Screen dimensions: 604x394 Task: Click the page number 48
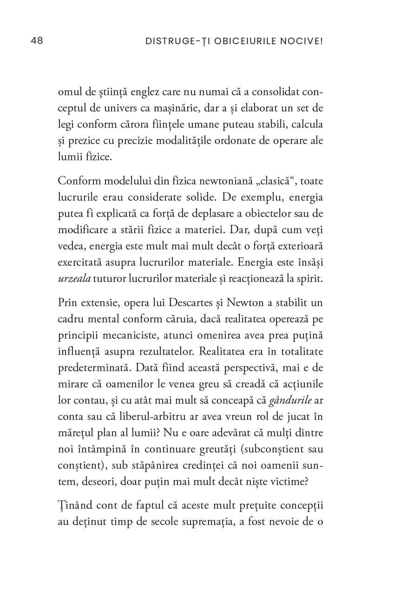click(37, 41)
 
